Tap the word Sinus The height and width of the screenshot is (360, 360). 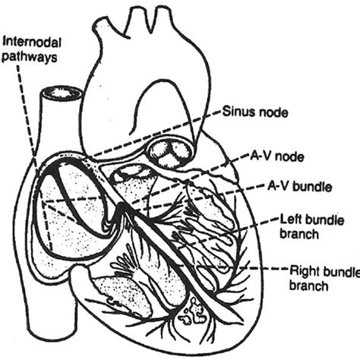point(237,112)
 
